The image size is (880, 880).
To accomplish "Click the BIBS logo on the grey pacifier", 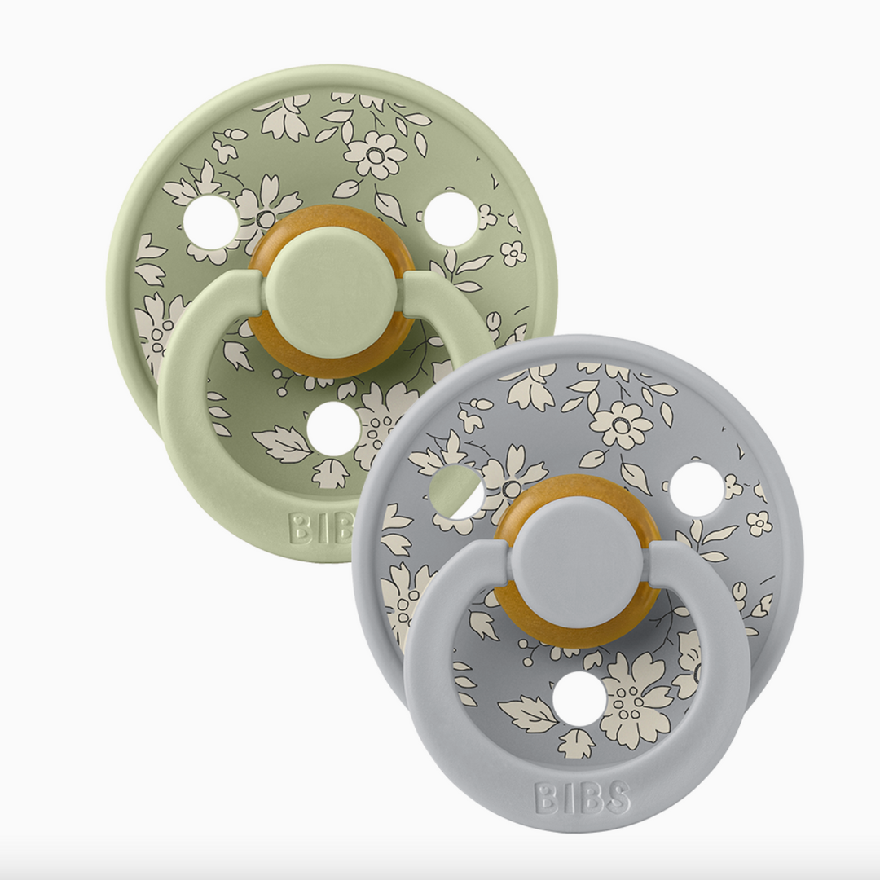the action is [x=582, y=798].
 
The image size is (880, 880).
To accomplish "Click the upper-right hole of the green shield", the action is [x=451, y=219].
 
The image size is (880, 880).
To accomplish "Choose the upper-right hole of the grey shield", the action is [x=697, y=488].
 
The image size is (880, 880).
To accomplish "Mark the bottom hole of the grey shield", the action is [x=579, y=698].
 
